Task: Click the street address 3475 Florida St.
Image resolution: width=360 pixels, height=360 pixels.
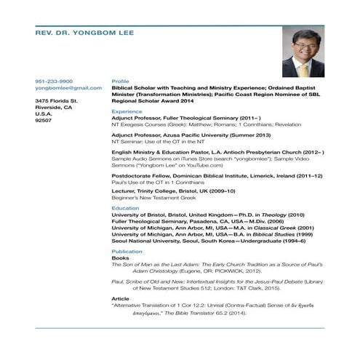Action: coord(57,100)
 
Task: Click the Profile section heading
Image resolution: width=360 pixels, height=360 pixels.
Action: coord(120,81)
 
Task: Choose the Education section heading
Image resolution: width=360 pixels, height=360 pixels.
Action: coord(125,208)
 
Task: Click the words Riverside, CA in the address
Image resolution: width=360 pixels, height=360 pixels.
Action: coord(53,106)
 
